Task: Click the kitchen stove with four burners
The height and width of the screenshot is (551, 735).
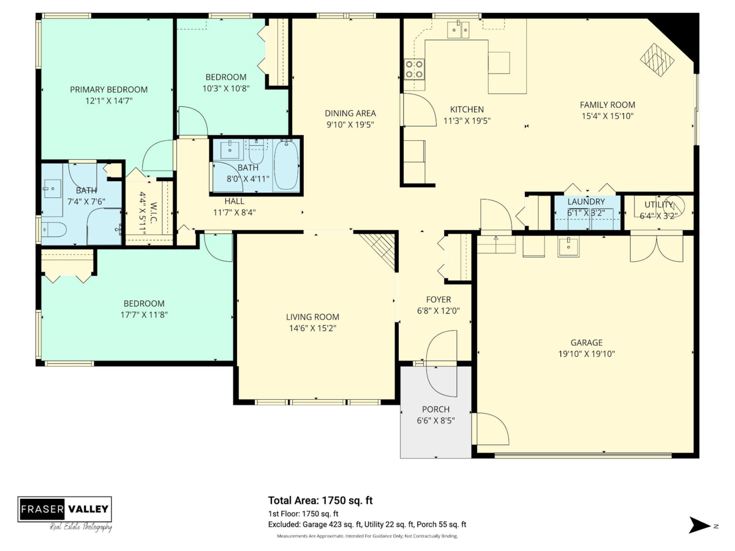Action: (414, 69)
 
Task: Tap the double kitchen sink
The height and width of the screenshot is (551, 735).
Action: (458, 29)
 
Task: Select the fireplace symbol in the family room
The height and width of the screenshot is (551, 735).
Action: (657, 60)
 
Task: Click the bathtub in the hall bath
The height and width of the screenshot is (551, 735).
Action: (286, 165)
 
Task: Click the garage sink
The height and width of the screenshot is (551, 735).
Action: (568, 246)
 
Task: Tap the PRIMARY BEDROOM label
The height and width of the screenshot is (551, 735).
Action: (109, 89)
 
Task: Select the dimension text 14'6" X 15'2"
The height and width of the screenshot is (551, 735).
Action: (313, 328)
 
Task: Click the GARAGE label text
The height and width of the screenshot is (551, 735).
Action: (587, 343)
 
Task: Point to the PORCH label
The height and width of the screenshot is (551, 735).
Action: (435, 409)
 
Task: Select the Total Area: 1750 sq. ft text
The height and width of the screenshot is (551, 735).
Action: (320, 500)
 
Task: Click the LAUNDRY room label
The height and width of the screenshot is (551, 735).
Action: (586, 202)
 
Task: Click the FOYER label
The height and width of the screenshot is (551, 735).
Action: (439, 299)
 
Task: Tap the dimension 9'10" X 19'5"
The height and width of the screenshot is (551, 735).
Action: (350, 125)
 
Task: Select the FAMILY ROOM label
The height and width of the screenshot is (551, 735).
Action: (608, 105)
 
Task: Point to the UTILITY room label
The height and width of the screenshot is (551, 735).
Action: (658, 204)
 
